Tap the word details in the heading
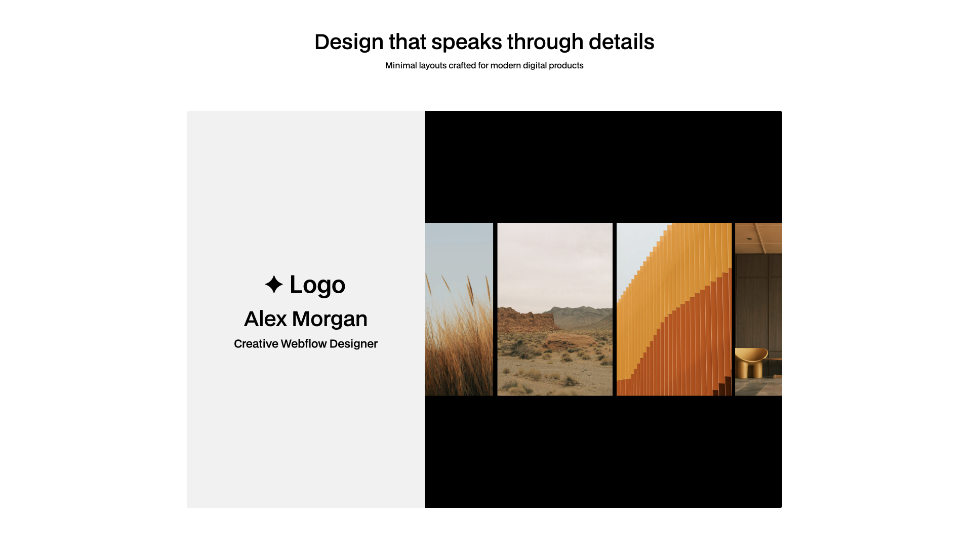pyautogui.click(x=621, y=42)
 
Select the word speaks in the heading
pyautogui.click(x=466, y=42)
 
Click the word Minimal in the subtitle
pyautogui.click(x=401, y=65)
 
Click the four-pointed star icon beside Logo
pyautogui.click(x=274, y=285)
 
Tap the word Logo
pyautogui.click(x=317, y=285)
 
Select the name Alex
pyautogui.click(x=265, y=319)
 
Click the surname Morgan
pyautogui.click(x=330, y=319)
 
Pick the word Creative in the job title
pyautogui.click(x=256, y=344)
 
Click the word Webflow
pyautogui.click(x=304, y=344)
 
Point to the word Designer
pyautogui.click(x=353, y=344)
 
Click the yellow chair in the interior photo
pyautogui.click(x=751, y=361)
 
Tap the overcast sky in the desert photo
pyautogui.click(x=555, y=263)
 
